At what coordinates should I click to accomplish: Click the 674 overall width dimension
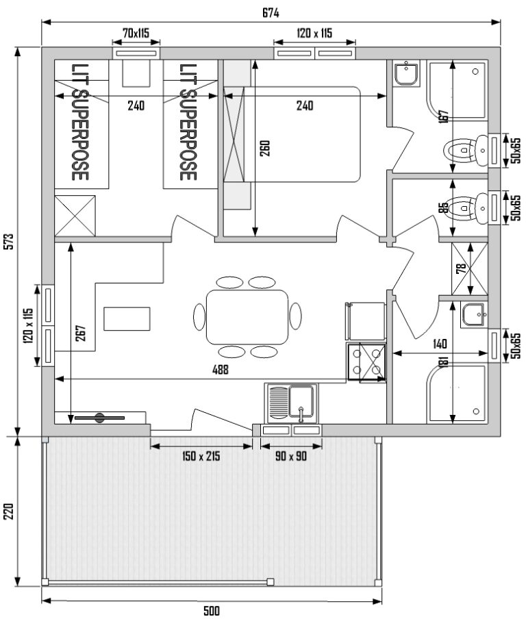pyautogui.click(x=271, y=14)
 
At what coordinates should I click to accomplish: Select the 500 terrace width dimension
pyautogui.click(x=212, y=611)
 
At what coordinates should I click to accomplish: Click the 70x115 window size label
pyautogui.click(x=136, y=33)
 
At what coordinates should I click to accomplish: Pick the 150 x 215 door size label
pyautogui.click(x=201, y=456)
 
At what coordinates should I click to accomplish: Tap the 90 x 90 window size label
pyautogui.click(x=290, y=456)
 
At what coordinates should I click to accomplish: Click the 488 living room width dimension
pyautogui.click(x=221, y=370)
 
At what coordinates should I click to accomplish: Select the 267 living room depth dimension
pyautogui.click(x=80, y=333)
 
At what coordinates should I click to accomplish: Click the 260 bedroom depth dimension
pyautogui.click(x=265, y=148)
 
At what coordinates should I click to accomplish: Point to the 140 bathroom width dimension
pyautogui.click(x=440, y=344)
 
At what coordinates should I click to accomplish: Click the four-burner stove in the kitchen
pyautogui.click(x=366, y=362)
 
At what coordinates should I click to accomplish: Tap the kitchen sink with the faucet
pyautogui.click(x=291, y=403)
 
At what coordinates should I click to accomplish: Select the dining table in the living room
pyautogui.click(x=247, y=317)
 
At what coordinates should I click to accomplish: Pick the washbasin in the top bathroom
pyautogui.click(x=405, y=73)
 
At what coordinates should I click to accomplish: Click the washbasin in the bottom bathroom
pyautogui.click(x=473, y=315)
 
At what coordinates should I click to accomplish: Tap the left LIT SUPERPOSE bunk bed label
pyautogui.click(x=79, y=122)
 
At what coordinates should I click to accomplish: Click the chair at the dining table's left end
pyautogui.click(x=199, y=316)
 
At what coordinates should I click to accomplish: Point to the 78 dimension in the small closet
pyautogui.click(x=461, y=269)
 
